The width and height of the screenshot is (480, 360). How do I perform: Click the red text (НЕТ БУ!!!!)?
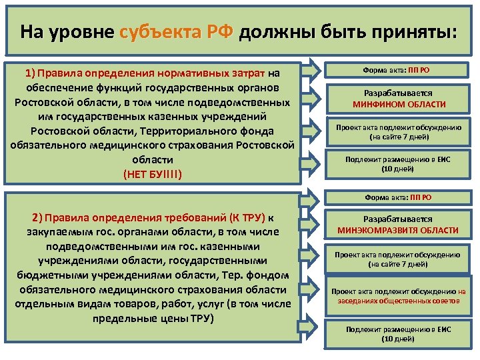[153, 175]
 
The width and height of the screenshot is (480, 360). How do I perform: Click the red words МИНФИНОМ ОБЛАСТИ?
[399, 105]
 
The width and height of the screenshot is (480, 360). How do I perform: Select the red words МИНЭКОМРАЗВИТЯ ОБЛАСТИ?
[399, 231]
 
